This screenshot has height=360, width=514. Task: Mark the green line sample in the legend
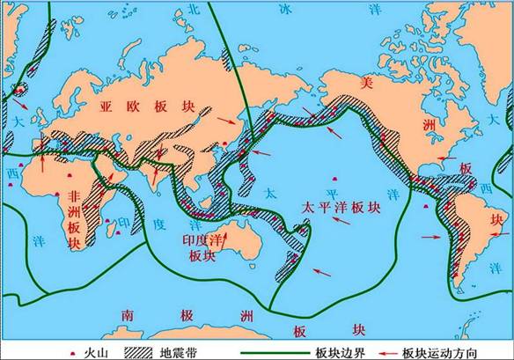[269, 351]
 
